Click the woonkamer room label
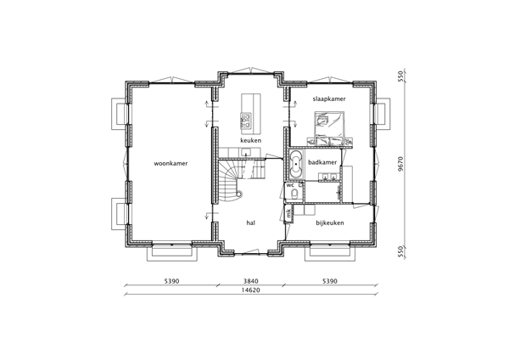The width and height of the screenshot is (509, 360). click(x=171, y=161)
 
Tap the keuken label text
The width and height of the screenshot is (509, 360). click(x=250, y=141)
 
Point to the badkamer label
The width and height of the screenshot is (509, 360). click(x=324, y=161)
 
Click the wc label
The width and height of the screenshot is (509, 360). click(x=290, y=184)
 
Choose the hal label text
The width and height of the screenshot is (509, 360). click(x=251, y=222)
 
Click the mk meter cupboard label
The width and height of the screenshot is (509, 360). click(x=289, y=212)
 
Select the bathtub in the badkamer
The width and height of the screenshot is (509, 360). click(x=296, y=165)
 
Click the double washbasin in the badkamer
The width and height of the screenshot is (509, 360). click(x=327, y=177)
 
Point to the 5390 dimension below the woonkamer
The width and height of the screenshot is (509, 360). click(x=171, y=281)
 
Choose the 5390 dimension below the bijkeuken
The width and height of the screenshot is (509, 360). click(x=330, y=281)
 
